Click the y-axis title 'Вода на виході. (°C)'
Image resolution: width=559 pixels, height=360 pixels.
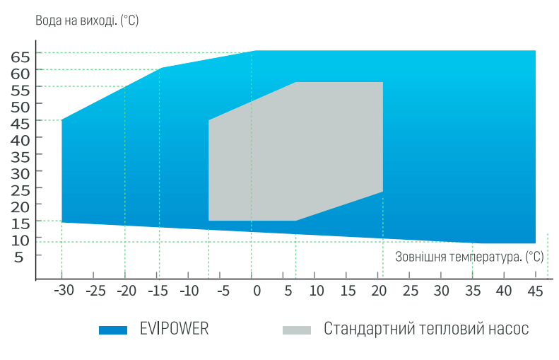[x=87, y=21]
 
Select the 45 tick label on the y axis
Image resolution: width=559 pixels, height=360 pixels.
[x=21, y=123]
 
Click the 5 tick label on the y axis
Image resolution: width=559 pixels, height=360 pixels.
[x=19, y=256]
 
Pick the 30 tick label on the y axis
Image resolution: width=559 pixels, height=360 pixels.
[x=21, y=173]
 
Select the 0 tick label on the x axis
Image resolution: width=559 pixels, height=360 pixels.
[x=256, y=291]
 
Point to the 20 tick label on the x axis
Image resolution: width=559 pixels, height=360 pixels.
[x=379, y=291]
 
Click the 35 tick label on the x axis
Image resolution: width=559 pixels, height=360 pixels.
[x=473, y=291]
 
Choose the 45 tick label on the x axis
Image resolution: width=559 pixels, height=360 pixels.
[x=535, y=291]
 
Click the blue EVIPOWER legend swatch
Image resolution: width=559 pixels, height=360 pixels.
[x=113, y=330]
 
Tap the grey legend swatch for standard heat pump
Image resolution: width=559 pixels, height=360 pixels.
[x=296, y=330]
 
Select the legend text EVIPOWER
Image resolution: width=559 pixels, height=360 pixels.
[x=174, y=329]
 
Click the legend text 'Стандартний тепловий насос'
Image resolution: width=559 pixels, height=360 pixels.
[x=426, y=329]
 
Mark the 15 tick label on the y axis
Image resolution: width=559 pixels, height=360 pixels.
[x=21, y=223]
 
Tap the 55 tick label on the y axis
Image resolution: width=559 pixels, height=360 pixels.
[x=21, y=90]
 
